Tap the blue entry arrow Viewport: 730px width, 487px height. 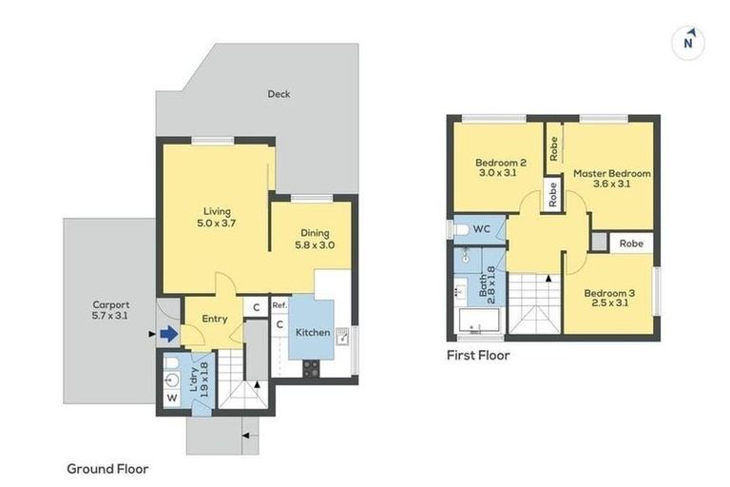point(167,334)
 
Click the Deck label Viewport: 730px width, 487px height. point(278,94)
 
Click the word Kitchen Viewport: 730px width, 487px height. point(313,333)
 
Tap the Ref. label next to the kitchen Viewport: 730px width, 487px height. point(279,305)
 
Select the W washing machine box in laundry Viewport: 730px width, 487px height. point(171,398)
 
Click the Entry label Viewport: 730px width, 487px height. point(215,319)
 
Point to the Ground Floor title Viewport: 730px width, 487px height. point(107,468)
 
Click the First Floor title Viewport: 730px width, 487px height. point(478,356)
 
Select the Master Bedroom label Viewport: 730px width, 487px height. point(611,173)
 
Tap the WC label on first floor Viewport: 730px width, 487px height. point(481,229)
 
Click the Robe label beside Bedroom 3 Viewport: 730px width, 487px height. point(630,243)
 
